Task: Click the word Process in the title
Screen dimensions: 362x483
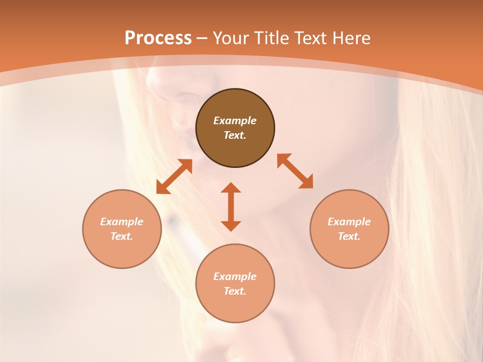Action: pos(158,38)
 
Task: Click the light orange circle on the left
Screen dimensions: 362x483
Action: pos(122,229)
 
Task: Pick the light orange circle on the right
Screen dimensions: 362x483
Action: pos(349,229)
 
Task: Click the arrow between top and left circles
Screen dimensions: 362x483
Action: pos(174,176)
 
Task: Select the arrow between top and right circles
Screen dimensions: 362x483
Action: pos(295,171)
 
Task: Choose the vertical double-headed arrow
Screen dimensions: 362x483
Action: pos(231,207)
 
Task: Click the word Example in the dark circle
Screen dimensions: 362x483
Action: pos(235,121)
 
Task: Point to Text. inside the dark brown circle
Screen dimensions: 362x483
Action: pos(235,135)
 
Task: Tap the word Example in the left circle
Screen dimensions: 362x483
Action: pos(122,222)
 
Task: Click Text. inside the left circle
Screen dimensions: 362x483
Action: pos(122,236)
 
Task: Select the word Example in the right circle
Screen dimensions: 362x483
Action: pos(349,222)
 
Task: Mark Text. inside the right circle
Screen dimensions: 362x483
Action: pos(349,236)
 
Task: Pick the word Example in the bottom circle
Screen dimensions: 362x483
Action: pos(235,277)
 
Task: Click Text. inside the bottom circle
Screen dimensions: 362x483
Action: pos(235,291)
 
